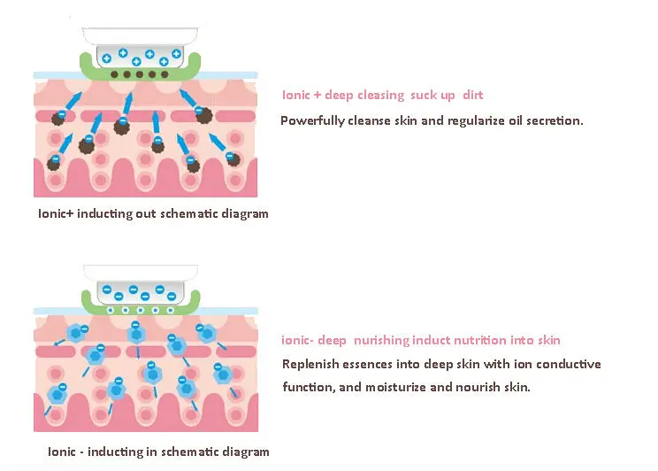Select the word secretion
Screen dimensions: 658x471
coord(554,120)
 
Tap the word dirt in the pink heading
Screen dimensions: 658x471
coord(472,96)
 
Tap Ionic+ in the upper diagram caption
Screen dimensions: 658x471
coord(57,213)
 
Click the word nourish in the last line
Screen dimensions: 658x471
coord(478,388)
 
